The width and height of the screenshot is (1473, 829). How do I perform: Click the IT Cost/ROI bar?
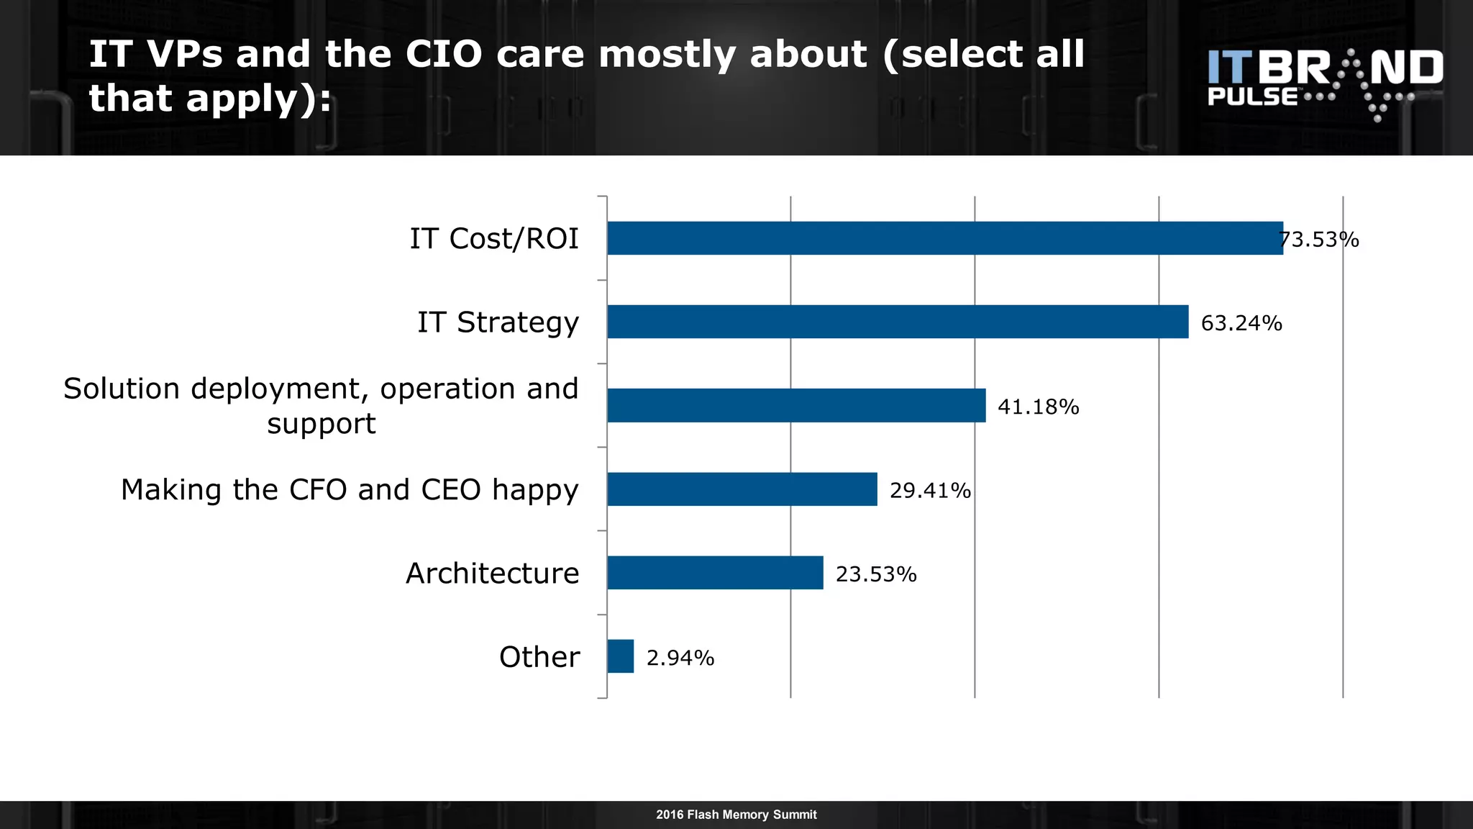pyautogui.click(x=944, y=238)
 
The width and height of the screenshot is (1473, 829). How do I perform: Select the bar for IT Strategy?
pyautogui.click(x=898, y=322)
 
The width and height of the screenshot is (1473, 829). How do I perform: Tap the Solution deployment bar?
pyautogui.click(x=796, y=405)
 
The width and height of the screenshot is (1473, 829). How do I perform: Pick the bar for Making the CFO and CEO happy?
pyautogui.click(x=742, y=489)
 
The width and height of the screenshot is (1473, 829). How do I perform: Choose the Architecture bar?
pyautogui.click(x=715, y=573)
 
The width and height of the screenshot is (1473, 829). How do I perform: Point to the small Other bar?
pyautogui.click(x=620, y=656)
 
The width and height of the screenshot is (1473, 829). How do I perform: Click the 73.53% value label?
pyautogui.click(x=1320, y=240)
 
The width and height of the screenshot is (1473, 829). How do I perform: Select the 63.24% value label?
pyautogui.click(x=1241, y=323)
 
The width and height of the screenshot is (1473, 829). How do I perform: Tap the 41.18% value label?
pyautogui.click(x=1038, y=407)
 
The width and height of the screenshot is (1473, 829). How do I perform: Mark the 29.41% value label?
pyautogui.click(x=930, y=491)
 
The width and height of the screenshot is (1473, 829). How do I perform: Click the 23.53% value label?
pyautogui.click(x=876, y=574)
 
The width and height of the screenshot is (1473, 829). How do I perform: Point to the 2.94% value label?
pyautogui.click(x=680, y=658)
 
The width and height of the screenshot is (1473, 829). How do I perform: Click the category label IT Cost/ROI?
pyautogui.click(x=494, y=239)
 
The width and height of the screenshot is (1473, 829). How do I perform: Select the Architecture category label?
pyautogui.click(x=492, y=574)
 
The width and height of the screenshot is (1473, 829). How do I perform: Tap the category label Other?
pyautogui.click(x=539, y=657)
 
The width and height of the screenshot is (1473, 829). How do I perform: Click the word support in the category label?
pyautogui.click(x=321, y=425)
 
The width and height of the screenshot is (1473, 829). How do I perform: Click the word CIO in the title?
pyautogui.click(x=443, y=55)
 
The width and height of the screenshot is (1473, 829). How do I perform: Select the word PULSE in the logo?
pyautogui.click(x=1252, y=97)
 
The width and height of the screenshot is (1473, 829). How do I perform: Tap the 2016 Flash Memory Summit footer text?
pyautogui.click(x=736, y=815)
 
